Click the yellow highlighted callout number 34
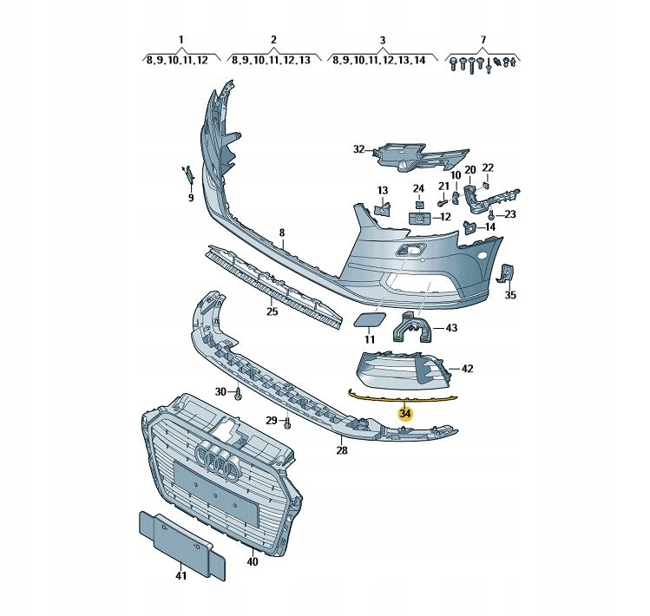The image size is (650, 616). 405,414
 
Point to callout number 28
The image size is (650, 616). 342,450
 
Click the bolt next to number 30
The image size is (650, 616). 239,393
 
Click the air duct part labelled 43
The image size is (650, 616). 411,327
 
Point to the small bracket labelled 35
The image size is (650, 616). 507,274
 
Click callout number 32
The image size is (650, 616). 358,149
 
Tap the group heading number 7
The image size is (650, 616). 483,40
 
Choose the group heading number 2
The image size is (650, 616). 273,40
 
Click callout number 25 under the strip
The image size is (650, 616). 272,311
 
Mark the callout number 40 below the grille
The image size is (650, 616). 252,561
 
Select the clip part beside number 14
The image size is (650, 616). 469,226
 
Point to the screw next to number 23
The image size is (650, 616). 491,214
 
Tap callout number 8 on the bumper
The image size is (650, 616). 282,233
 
